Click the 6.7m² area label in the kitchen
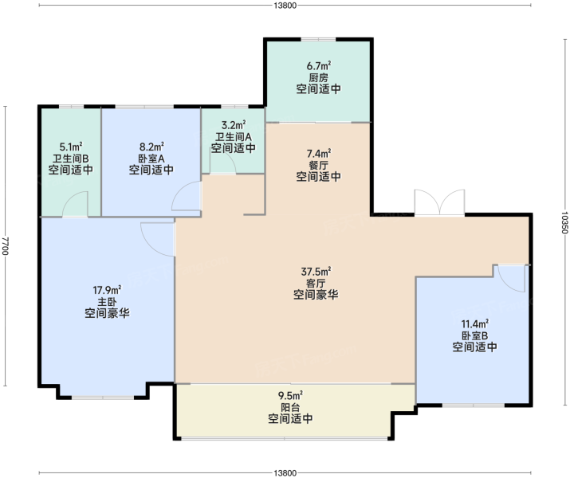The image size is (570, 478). coord(319,66)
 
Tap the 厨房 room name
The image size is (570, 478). coord(319,78)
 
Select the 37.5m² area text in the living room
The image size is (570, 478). coord(316,272)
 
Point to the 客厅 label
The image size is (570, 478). coord(316,283)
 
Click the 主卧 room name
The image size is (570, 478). coord(108,302)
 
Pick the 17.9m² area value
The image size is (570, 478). coord(108,290)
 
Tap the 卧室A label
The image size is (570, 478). coord(151,159)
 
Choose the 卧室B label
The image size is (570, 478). coord(475,335)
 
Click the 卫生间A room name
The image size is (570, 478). coord(234,137)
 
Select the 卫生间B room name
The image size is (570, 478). coord(71,159)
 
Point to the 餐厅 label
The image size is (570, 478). coord(319,165)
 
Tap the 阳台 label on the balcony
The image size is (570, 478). coord(290,407)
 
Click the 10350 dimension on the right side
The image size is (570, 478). coord(564,222)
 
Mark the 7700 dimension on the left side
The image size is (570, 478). coord(5,246)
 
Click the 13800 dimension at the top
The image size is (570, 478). coord(285,5)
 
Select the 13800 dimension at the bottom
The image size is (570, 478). coord(285,473)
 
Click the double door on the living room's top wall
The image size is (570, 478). coord(439,203)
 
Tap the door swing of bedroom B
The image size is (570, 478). coord(511,279)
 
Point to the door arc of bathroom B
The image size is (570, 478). coord(74,205)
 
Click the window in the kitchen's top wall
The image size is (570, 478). coord(318,39)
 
